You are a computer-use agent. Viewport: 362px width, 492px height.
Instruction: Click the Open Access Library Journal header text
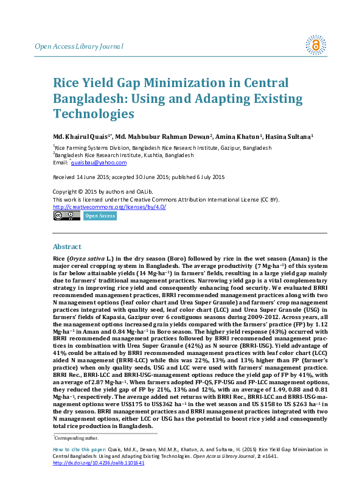(x=80, y=46)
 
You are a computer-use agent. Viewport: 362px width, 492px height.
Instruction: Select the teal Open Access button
(x=99, y=216)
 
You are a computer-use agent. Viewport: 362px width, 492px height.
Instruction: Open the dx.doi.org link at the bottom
(x=99, y=463)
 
